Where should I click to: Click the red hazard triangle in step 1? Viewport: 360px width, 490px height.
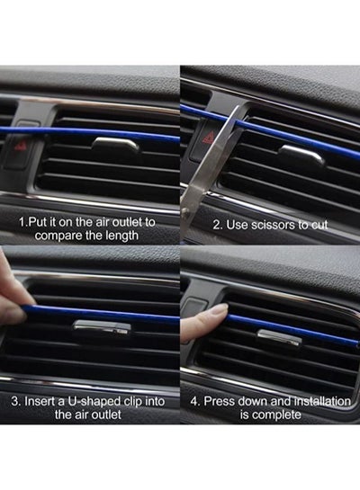[x=21, y=146]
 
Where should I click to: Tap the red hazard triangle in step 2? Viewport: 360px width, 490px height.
[x=209, y=138]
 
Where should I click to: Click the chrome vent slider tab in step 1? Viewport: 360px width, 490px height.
[x=116, y=145]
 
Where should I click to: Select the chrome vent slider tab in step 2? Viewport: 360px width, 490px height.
[x=302, y=155]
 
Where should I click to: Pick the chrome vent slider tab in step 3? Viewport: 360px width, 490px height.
[x=103, y=326]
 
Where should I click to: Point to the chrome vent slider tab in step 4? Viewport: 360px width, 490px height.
[x=279, y=337]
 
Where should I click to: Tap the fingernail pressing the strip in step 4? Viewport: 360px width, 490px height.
[x=219, y=310]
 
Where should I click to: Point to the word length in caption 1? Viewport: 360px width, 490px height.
[x=121, y=236]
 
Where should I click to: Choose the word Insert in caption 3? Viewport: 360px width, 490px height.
[x=38, y=401]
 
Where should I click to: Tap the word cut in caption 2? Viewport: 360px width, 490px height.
[x=318, y=225]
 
